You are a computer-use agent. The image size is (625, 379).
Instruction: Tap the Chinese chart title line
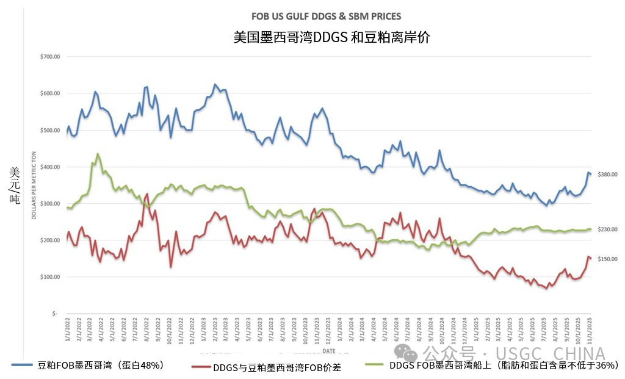(x=331, y=37)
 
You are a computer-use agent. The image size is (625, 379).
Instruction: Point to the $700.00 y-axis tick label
(x=49, y=57)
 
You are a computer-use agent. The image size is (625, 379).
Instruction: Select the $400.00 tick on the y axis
(x=49, y=167)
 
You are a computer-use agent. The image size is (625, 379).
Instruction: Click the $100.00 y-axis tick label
(x=49, y=277)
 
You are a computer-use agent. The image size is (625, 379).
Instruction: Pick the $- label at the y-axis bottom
(x=54, y=314)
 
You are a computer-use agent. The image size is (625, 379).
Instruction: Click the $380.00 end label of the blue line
(x=608, y=175)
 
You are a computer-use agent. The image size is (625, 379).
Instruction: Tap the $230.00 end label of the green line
(x=608, y=229)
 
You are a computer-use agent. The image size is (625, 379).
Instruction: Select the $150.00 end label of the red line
(x=608, y=259)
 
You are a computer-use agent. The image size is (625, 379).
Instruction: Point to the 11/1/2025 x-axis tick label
(x=589, y=328)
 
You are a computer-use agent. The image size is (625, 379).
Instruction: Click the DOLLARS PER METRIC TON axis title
(x=34, y=186)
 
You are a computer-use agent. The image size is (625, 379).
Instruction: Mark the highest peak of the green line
(x=98, y=154)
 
